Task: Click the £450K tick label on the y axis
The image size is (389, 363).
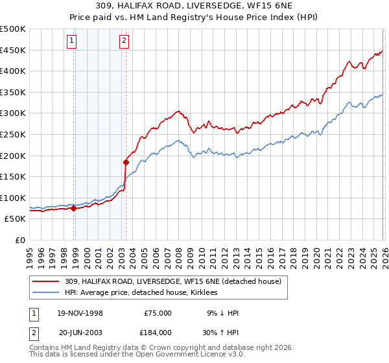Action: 13,50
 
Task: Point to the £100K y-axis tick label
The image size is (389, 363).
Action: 13,198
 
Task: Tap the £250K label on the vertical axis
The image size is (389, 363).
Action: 13,134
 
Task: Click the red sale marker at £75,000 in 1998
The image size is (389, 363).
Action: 74,209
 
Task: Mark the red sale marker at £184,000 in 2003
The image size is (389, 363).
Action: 126,162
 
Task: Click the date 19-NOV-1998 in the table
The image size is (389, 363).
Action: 80,313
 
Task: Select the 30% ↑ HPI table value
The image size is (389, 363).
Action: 218,332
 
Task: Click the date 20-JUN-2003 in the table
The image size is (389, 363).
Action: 80,332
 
